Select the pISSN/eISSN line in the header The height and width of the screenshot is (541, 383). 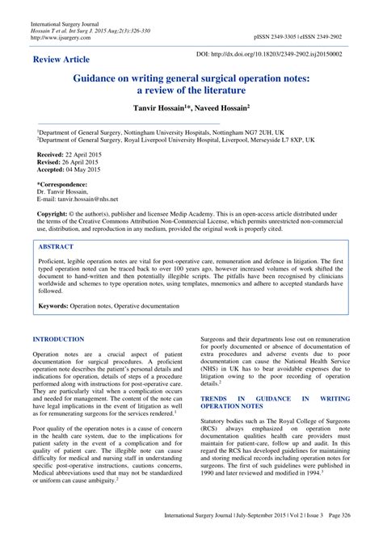297,37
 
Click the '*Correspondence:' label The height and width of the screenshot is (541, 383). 64,184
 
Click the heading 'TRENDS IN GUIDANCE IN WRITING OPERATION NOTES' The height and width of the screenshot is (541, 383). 276,402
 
